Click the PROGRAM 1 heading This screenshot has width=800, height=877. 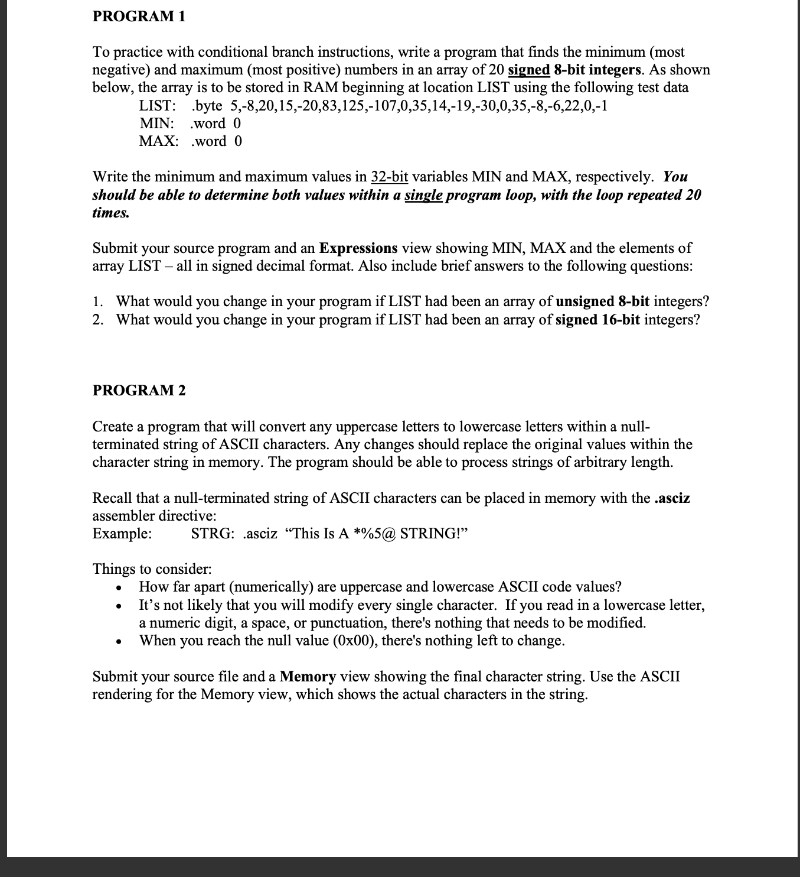point(139,17)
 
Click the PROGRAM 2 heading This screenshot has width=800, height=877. point(139,390)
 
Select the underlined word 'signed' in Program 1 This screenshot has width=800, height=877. point(529,70)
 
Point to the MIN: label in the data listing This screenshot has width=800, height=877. point(156,124)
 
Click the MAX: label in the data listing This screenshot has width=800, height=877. point(158,141)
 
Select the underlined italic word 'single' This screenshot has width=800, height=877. point(423,195)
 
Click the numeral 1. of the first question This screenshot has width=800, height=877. point(98,301)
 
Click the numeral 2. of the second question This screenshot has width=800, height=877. point(99,320)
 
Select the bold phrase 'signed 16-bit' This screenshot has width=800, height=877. point(597,320)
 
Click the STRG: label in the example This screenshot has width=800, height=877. point(213,534)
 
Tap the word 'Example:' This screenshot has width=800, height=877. point(122,534)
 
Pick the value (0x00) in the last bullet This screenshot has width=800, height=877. point(355,641)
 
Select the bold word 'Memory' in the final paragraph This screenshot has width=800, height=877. point(308,677)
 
